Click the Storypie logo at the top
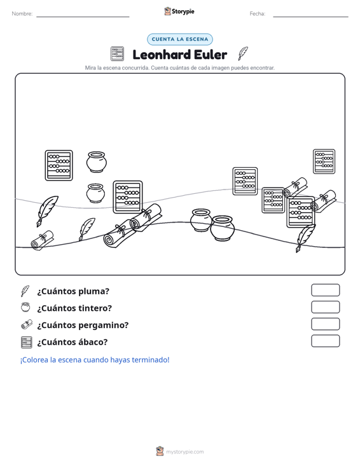tap(179, 11)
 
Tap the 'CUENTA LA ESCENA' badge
tap(180, 39)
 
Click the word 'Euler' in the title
tap(211, 55)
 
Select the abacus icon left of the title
tap(117, 54)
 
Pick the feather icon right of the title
tap(243, 53)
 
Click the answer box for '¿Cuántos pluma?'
tap(325, 290)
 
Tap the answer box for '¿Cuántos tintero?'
tap(325, 307)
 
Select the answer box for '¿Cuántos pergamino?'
tap(325, 324)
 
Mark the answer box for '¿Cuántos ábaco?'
tap(325, 341)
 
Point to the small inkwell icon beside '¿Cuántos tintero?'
tap(25, 307)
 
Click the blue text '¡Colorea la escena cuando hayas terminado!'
tap(95, 360)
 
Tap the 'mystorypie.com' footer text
tap(185, 452)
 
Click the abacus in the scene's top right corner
tap(324, 161)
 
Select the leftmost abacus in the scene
tap(59, 165)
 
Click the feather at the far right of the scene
tap(305, 238)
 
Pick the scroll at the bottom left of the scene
tap(43, 240)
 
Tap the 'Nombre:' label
tap(22, 14)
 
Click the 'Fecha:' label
tap(258, 14)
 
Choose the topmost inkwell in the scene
tap(96, 162)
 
